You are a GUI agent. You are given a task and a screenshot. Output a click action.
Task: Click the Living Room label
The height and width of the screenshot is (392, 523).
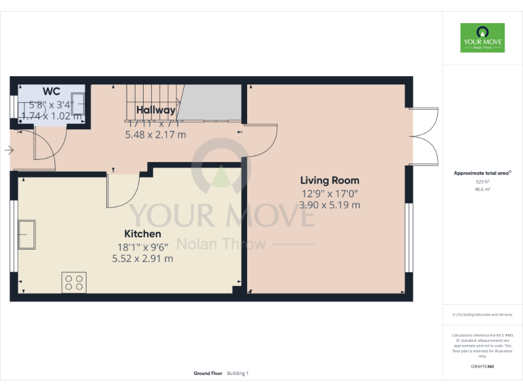[x=330, y=180]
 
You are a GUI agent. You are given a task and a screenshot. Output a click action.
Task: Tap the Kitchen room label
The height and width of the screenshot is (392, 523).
[x=142, y=234]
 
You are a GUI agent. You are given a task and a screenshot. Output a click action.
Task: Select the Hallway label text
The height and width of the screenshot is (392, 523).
[x=155, y=110]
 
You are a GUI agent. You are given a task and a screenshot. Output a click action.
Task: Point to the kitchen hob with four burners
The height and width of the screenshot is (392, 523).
[x=74, y=282]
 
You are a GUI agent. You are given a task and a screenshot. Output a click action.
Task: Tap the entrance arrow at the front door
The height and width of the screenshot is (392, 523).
[x=8, y=150]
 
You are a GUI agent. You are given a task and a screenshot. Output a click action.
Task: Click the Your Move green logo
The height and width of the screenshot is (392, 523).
[x=482, y=38]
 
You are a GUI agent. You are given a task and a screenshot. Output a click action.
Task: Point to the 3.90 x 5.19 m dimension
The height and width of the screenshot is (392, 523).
[x=330, y=204]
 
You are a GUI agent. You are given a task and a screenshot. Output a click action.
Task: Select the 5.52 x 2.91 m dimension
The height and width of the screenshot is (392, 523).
[x=142, y=258]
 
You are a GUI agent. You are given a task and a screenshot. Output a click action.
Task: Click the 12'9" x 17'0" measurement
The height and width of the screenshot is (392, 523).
[x=330, y=193]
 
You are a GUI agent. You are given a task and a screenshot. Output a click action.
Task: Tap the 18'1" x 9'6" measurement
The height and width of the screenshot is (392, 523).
[x=142, y=246]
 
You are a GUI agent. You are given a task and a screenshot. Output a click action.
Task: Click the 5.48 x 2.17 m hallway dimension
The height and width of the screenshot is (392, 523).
[x=155, y=135]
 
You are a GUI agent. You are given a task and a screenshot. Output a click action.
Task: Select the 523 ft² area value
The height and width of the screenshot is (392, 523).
[x=482, y=182]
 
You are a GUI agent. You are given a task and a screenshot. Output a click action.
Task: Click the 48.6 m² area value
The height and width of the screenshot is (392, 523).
[x=482, y=190]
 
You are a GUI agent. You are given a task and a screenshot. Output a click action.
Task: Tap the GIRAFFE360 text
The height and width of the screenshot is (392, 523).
[x=482, y=367]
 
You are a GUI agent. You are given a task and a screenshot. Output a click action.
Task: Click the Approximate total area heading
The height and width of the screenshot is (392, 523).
[x=482, y=173]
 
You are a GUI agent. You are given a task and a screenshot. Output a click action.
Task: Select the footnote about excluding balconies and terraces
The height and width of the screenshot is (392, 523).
[x=482, y=314]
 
